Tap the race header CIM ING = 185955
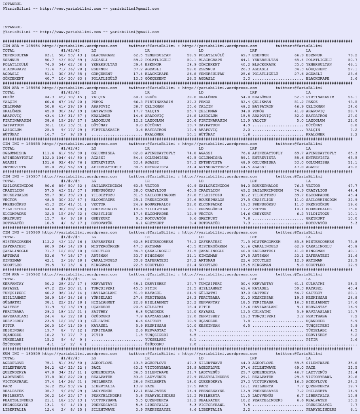click(x=21, y=144)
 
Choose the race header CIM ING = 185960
click(x=21, y=232)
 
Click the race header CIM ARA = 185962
click(x=21, y=274)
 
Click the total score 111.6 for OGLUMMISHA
click(x=48, y=153)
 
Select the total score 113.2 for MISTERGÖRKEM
click(x=48, y=242)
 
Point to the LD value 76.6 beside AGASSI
click(x=245, y=153)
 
